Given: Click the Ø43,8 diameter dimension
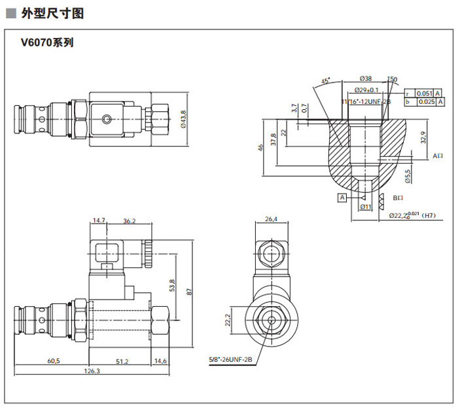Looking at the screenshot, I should click(x=183, y=120).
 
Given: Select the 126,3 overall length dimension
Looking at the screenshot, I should click(x=92, y=371).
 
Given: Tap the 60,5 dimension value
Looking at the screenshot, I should click(x=53, y=360).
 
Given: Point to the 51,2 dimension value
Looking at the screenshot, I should click(x=121, y=360).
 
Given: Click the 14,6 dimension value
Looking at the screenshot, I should click(x=160, y=360).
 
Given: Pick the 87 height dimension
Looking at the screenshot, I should click(x=188, y=292).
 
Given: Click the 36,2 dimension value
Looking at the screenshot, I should click(x=129, y=221).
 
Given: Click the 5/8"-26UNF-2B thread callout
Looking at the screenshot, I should click(x=230, y=359).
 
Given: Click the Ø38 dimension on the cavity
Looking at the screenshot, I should click(x=365, y=78).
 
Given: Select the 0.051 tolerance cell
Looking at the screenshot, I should click(x=425, y=93).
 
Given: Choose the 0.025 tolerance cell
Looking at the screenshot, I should click(x=425, y=102).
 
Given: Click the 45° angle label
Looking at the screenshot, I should click(x=325, y=81).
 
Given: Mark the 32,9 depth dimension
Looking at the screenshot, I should click(x=423, y=137).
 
